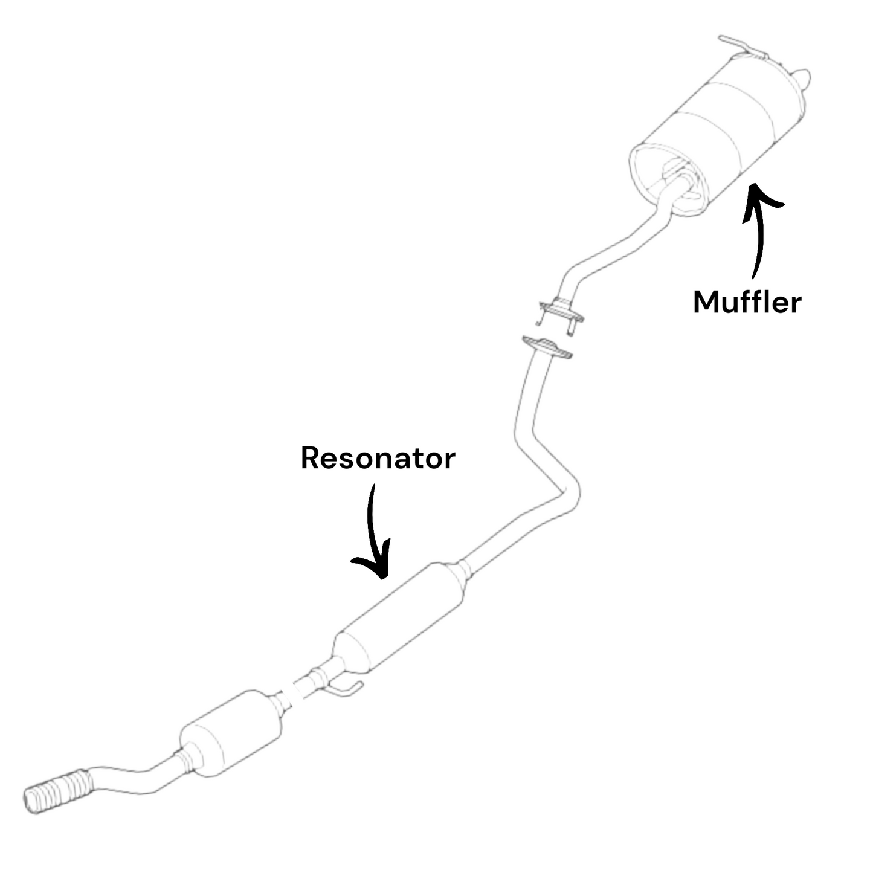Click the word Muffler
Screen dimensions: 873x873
(747, 301)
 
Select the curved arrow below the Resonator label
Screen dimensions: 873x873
(372, 532)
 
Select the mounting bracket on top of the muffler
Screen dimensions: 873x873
(743, 47)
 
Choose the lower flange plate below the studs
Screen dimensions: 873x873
(547, 349)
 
